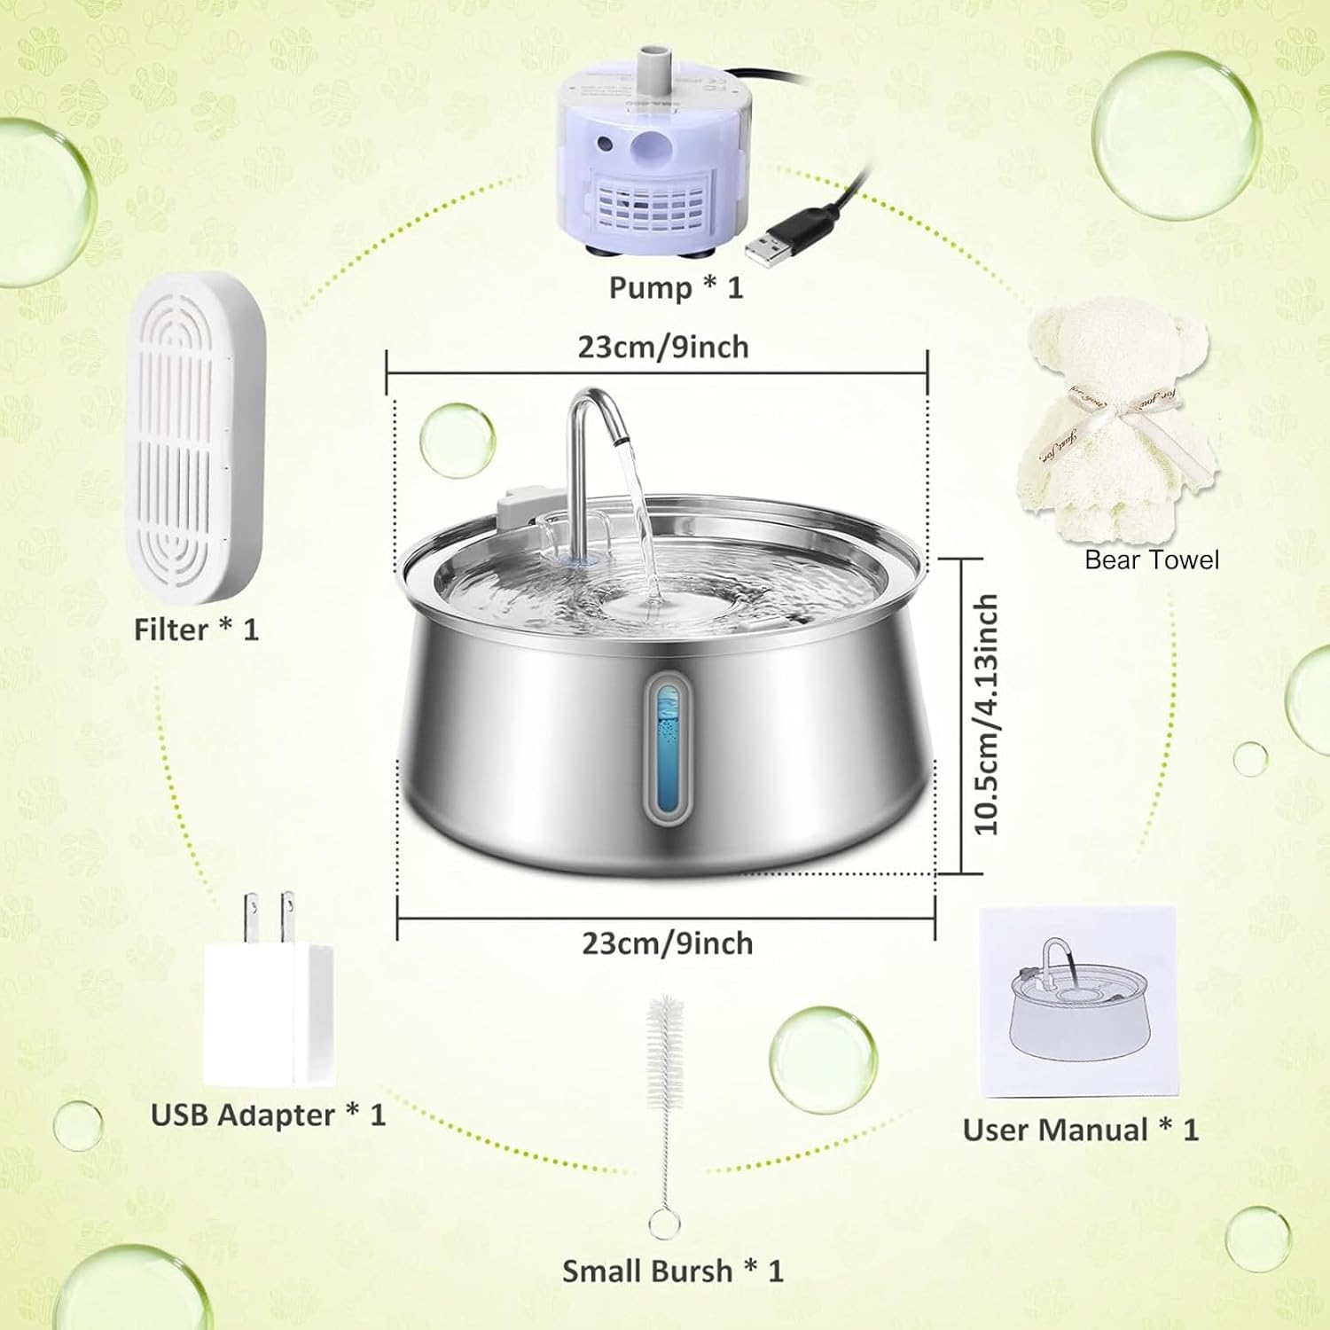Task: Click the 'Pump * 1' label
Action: (x=676, y=288)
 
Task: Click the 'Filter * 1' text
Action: (x=196, y=630)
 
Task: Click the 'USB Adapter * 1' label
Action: (x=268, y=1115)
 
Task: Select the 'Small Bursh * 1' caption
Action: (x=673, y=1271)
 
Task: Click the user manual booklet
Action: (x=1077, y=1002)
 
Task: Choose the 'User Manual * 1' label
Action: (x=1080, y=1130)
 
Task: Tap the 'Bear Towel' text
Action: (x=1152, y=560)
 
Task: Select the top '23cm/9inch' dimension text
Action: (x=663, y=347)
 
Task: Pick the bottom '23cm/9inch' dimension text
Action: (x=667, y=943)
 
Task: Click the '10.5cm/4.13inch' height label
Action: (x=986, y=715)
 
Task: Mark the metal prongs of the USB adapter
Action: (x=270, y=918)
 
